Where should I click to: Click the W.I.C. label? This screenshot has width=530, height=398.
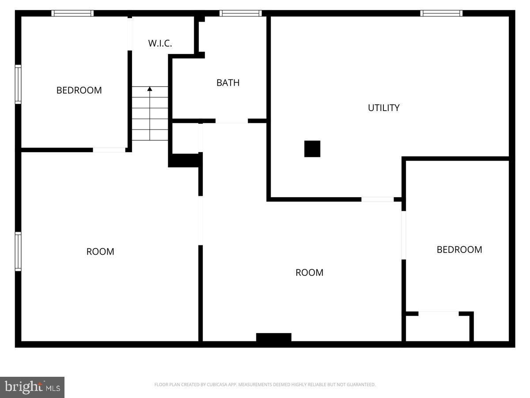pyautogui.click(x=160, y=43)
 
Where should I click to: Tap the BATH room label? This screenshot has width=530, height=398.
pyautogui.click(x=228, y=83)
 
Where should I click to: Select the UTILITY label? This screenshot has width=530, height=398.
pyautogui.click(x=383, y=108)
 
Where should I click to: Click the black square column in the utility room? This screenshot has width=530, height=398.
pyautogui.click(x=312, y=149)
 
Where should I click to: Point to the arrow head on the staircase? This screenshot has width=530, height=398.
pyautogui.click(x=150, y=89)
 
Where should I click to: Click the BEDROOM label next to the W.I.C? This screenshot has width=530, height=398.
pyautogui.click(x=79, y=90)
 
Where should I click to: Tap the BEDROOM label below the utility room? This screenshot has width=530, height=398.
pyautogui.click(x=459, y=249)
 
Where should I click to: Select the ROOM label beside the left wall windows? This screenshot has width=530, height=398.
pyautogui.click(x=100, y=252)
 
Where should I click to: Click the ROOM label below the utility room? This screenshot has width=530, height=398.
pyautogui.click(x=309, y=272)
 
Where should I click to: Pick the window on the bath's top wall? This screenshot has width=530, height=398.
pyautogui.click(x=241, y=13)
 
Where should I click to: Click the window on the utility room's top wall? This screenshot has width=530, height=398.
pyautogui.click(x=441, y=13)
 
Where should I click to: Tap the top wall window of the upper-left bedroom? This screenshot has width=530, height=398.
pyautogui.click(x=72, y=13)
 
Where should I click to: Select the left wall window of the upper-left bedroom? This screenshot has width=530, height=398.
pyautogui.click(x=18, y=84)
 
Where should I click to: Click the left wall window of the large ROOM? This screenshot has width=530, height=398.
pyautogui.click(x=18, y=251)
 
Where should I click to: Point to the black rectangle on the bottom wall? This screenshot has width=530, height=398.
pyautogui.click(x=274, y=337)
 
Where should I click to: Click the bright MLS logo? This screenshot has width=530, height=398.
pyautogui.click(x=32, y=387)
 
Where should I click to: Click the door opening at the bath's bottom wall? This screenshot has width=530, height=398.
pyautogui.click(x=231, y=121)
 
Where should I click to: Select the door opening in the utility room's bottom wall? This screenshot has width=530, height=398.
pyautogui.click(x=377, y=199)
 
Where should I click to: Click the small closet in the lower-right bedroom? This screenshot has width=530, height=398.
pyautogui.click(x=437, y=328)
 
